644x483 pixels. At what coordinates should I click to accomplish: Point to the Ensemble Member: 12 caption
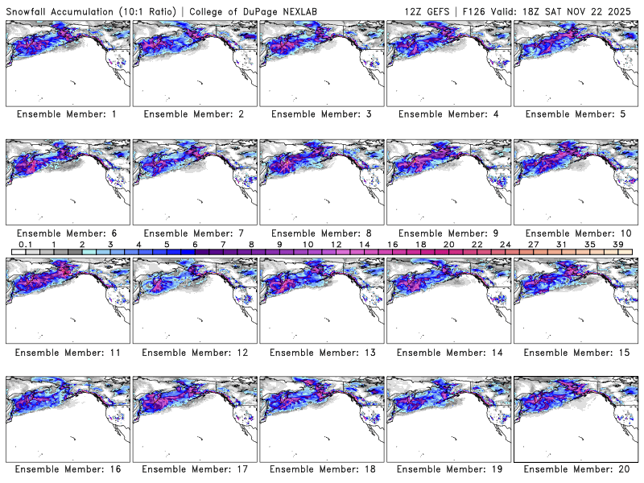[196, 353]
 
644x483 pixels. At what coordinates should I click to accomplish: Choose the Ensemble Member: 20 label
[577, 469]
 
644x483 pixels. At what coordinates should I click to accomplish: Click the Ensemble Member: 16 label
[69, 469]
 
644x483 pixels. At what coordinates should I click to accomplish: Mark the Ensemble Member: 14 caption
[450, 353]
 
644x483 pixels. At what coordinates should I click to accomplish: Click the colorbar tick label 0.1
[25, 244]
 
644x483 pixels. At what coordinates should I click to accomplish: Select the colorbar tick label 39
[617, 244]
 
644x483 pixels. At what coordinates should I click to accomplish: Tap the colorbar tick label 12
[336, 244]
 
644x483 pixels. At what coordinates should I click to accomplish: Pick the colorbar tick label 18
[420, 244]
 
